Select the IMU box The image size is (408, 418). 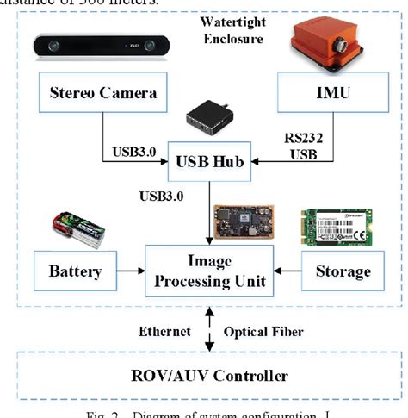point(327,91)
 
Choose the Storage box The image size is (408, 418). point(338,271)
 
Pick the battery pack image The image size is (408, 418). point(77,231)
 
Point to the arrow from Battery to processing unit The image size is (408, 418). point(132,271)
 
